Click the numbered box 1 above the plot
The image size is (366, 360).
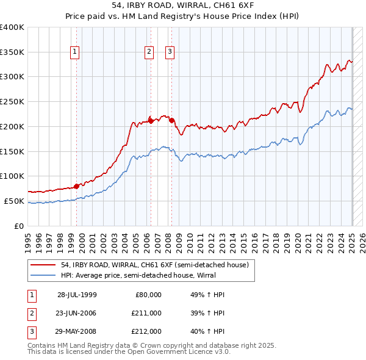click(x=74, y=52)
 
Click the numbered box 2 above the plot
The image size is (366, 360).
click(x=149, y=52)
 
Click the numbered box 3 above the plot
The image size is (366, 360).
click(x=170, y=52)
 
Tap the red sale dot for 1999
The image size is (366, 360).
click(x=77, y=186)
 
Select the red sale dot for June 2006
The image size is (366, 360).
click(x=151, y=120)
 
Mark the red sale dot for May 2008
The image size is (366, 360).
click(x=171, y=120)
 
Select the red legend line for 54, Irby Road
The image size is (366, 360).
click(x=43, y=265)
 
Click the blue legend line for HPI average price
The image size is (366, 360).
click(x=43, y=275)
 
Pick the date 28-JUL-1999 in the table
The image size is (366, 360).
click(x=77, y=295)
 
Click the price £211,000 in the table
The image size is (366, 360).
click(x=147, y=312)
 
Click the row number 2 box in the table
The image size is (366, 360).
click(x=31, y=312)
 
